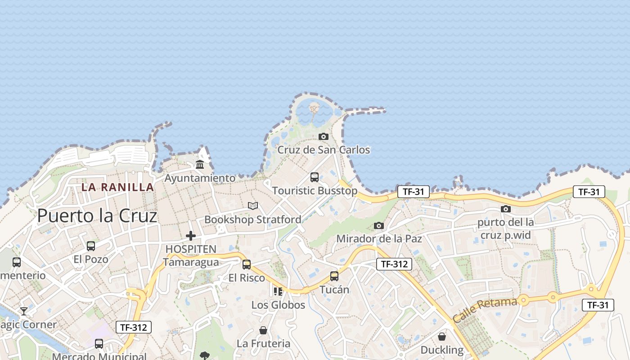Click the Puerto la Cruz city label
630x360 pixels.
(x=97, y=216)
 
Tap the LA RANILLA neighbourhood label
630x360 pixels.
(x=117, y=187)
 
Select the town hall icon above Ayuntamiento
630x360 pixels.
(x=200, y=165)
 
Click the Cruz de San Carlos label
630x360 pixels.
(x=324, y=150)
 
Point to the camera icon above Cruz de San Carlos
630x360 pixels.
(x=323, y=136)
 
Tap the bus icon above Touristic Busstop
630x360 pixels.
(x=315, y=177)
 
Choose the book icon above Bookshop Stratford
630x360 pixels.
(x=253, y=206)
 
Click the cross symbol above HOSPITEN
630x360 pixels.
(x=191, y=235)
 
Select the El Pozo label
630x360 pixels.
(x=91, y=259)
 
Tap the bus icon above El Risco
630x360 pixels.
(x=247, y=265)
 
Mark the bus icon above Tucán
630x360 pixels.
(x=334, y=276)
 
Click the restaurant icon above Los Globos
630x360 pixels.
(x=278, y=292)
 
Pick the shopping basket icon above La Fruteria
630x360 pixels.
(x=263, y=331)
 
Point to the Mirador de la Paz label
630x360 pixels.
(x=379, y=238)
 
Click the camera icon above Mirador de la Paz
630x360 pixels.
(x=379, y=225)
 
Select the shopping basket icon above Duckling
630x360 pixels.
(x=442, y=337)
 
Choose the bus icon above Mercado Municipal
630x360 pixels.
(x=99, y=344)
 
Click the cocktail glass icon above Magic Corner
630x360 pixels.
(x=23, y=311)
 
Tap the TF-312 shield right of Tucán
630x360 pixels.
(x=394, y=264)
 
